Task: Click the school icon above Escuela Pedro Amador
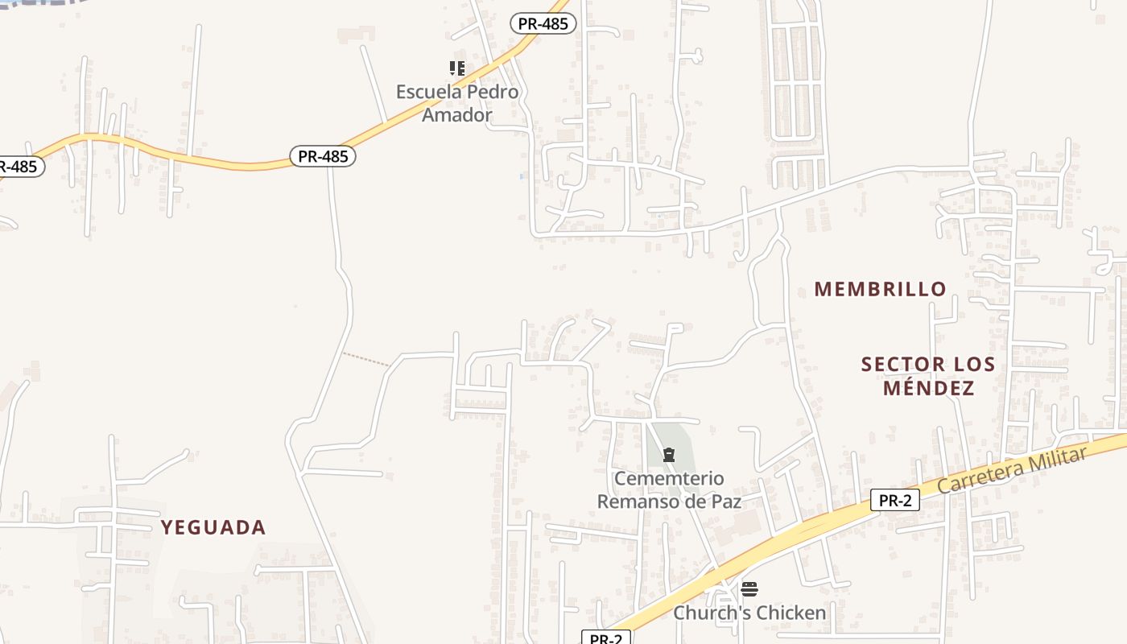click(457, 68)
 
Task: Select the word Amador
click(456, 115)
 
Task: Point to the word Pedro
click(493, 92)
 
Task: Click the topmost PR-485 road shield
click(543, 24)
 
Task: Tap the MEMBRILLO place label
click(880, 289)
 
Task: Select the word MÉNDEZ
click(928, 389)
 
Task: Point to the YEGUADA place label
click(213, 528)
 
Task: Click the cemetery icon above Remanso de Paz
click(668, 456)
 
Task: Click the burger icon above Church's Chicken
click(749, 589)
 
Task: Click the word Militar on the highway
click(1056, 457)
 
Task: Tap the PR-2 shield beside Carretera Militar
click(894, 501)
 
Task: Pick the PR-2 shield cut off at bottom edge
click(606, 638)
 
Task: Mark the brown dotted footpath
click(366, 359)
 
